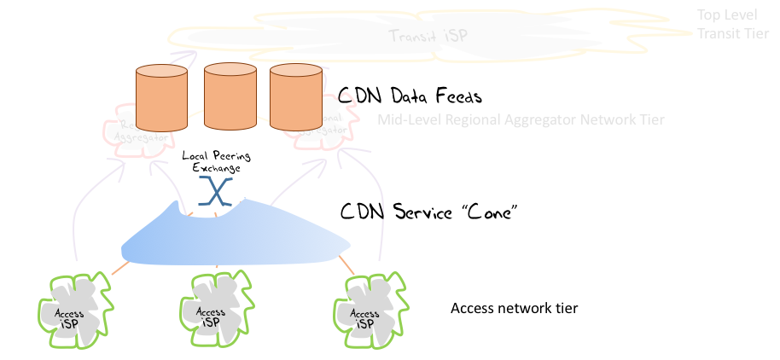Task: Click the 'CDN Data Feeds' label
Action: coord(410,96)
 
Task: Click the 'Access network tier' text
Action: coord(514,307)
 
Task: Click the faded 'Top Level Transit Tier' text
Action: coord(734,25)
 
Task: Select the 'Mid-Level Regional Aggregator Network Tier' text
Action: coord(521,119)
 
